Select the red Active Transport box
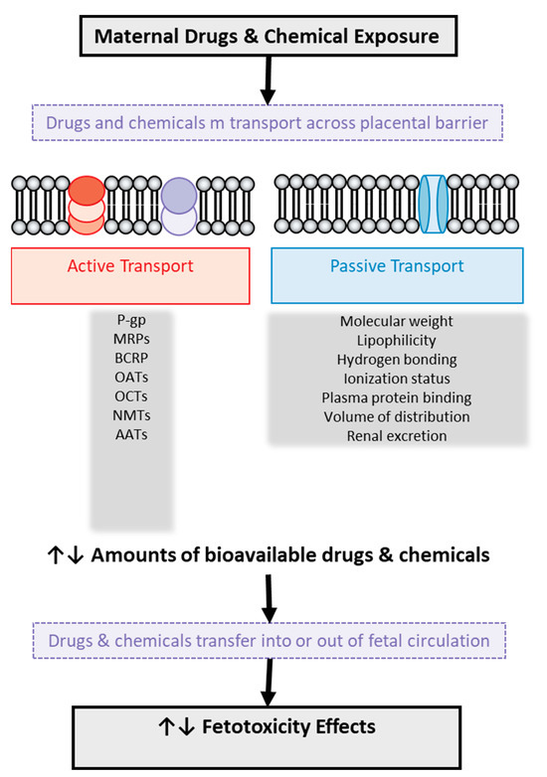pos(128,275)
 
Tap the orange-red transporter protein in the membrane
pos(85,203)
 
